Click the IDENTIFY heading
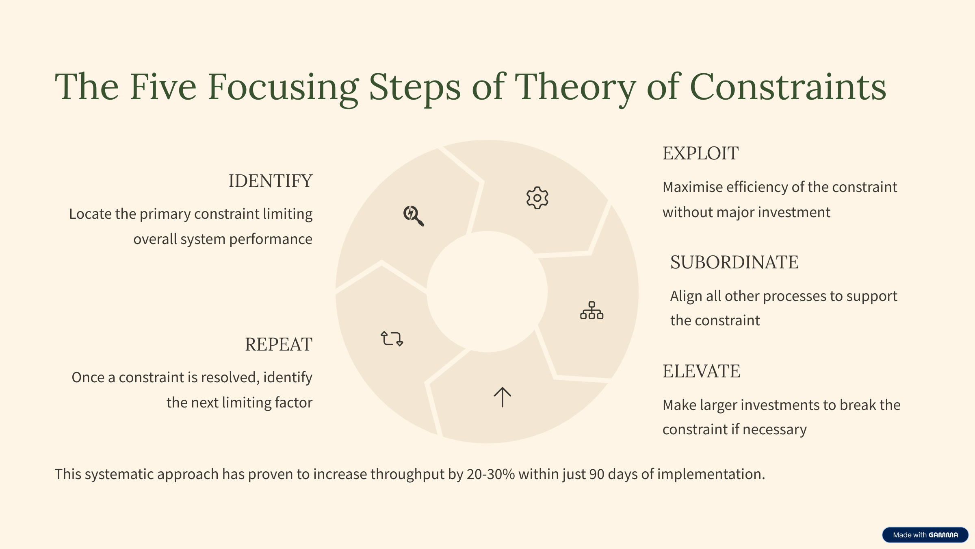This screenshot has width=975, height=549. tap(271, 181)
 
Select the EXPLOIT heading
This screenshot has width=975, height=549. tap(700, 153)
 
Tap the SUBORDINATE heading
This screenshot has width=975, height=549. tap(734, 262)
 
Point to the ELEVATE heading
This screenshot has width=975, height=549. tap(702, 371)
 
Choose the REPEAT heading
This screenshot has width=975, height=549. tap(279, 344)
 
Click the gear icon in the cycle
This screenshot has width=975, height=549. tap(537, 198)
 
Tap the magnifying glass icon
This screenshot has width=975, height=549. tap(414, 216)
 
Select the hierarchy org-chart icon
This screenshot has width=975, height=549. tap(591, 310)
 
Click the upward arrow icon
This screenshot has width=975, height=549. tap(502, 397)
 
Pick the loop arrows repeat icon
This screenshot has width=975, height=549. tap(392, 338)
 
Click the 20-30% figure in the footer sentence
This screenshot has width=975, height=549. tap(491, 474)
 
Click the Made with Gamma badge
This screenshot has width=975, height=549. tap(925, 535)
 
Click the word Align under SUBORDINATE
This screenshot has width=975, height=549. tap(686, 296)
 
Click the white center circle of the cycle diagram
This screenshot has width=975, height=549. tap(487, 292)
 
